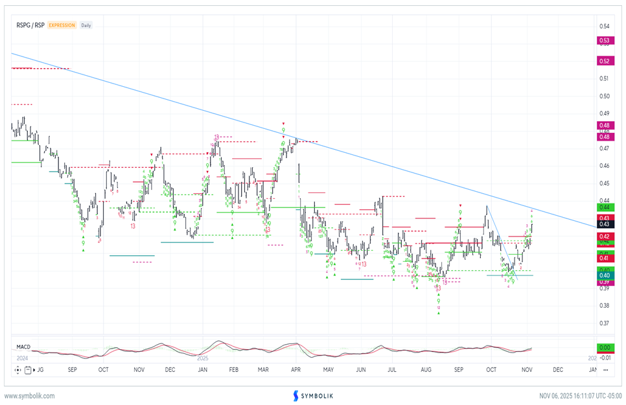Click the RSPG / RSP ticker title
(x=30, y=25)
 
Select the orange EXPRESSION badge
(x=62, y=25)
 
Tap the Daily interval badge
(x=86, y=25)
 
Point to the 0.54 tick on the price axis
(x=604, y=27)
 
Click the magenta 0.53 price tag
(x=604, y=41)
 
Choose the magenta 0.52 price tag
(x=604, y=61)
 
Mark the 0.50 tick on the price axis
(x=604, y=97)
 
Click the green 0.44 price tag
(x=604, y=207)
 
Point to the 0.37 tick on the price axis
(x=604, y=323)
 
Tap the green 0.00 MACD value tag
(x=604, y=347)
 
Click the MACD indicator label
(x=23, y=347)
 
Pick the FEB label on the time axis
(x=232, y=370)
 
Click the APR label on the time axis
(x=296, y=370)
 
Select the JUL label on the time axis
(x=391, y=370)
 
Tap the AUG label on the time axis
(x=426, y=370)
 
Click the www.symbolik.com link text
(x=30, y=395)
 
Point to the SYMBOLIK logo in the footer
(x=312, y=395)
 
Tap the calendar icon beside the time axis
(x=27, y=370)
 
